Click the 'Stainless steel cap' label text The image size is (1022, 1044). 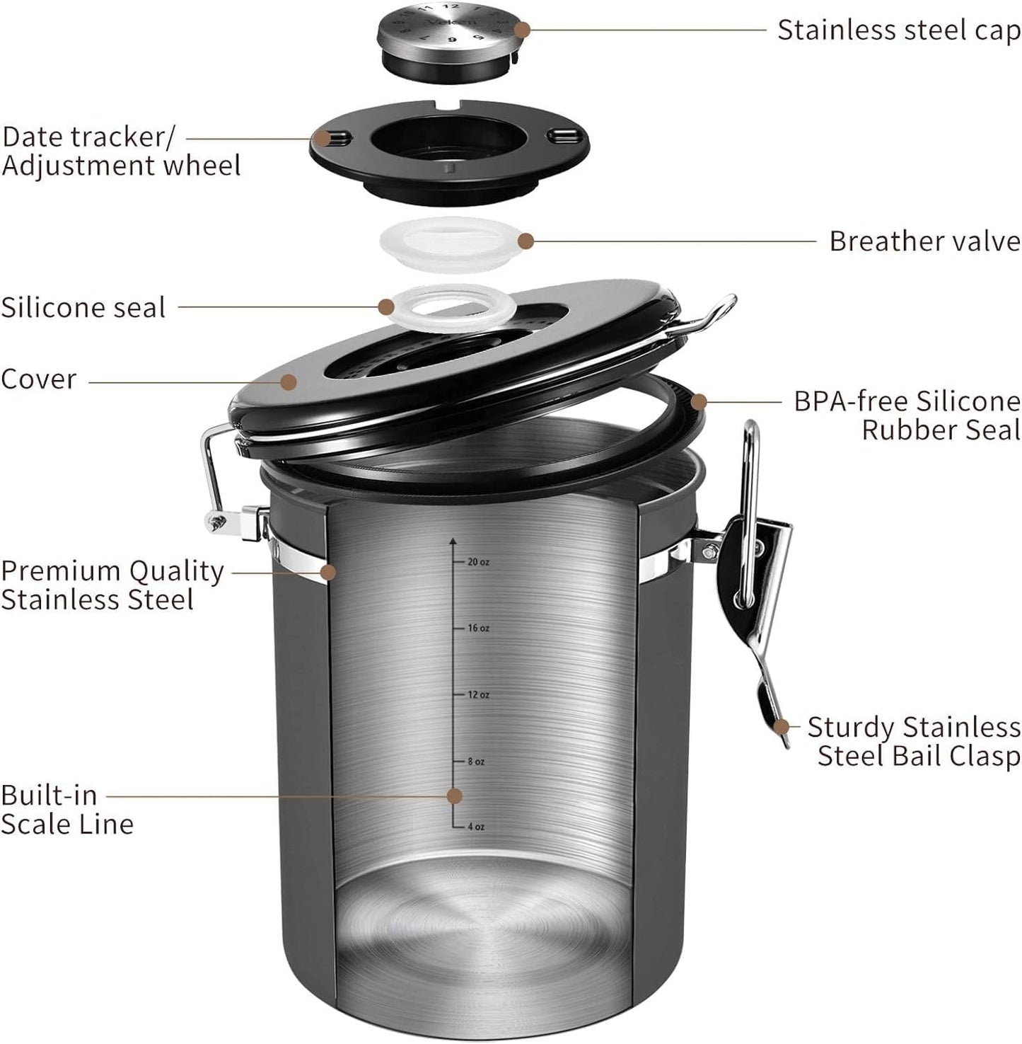[x=898, y=30]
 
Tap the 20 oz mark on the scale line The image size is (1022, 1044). [x=477, y=562]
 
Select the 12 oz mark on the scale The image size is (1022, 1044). [x=477, y=694]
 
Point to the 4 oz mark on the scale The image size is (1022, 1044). [x=475, y=827]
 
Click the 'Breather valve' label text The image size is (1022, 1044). [x=924, y=241]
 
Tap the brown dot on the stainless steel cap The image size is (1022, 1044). [x=522, y=30]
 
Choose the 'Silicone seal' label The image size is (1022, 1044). [x=83, y=308]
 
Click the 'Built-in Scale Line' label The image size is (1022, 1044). [x=66, y=810]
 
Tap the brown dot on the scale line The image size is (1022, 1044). [x=455, y=796]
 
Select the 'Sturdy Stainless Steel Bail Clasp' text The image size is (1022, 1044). [x=914, y=742]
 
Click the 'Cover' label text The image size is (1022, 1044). [x=38, y=379]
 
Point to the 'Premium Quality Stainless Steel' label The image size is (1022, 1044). [x=112, y=585]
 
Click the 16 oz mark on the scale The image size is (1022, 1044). [x=477, y=628]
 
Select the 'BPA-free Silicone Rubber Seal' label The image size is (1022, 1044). [x=907, y=415]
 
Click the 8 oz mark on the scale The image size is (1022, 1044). [x=475, y=762]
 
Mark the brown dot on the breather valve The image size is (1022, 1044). [x=525, y=241]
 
